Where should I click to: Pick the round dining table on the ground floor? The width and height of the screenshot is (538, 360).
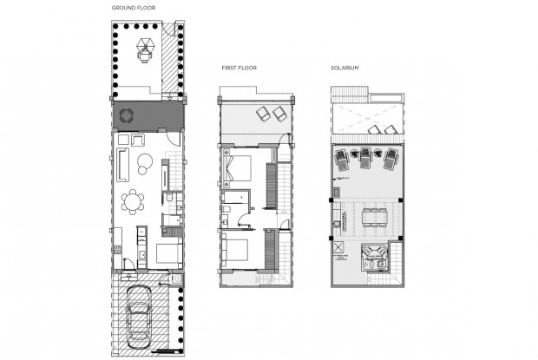tap(133, 202)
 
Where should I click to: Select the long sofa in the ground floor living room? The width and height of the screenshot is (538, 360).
tap(123, 162)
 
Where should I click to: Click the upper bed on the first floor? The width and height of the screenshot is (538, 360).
tap(238, 167)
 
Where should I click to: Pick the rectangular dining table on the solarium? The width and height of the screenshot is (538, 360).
tap(373, 216)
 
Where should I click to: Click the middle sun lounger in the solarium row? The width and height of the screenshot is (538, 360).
tap(365, 158)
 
